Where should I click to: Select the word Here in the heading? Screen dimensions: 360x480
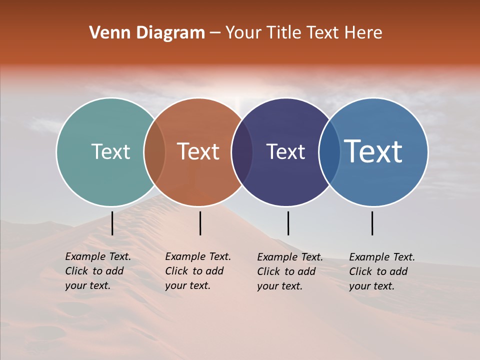pyautogui.click(x=363, y=33)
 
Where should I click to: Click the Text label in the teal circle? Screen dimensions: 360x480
pyautogui.click(x=110, y=152)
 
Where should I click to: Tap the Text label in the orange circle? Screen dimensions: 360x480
pyautogui.click(x=198, y=152)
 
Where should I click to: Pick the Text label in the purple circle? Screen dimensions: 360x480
pyautogui.click(x=285, y=152)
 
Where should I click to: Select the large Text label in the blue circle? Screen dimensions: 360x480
pyautogui.click(x=373, y=151)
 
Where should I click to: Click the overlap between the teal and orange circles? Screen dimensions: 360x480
pyautogui.click(x=154, y=152)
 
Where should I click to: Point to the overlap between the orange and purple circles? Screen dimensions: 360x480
pyautogui.click(x=242, y=152)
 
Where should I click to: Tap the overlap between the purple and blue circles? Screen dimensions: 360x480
pyautogui.click(x=329, y=152)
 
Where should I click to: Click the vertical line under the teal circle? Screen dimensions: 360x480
pyautogui.click(x=112, y=223)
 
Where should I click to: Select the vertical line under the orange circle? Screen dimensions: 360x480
pyautogui.click(x=200, y=223)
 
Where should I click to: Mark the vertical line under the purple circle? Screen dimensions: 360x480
pyautogui.click(x=288, y=223)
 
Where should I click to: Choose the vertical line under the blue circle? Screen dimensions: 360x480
pyautogui.click(x=372, y=223)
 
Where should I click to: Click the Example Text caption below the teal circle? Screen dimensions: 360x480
pyautogui.click(x=97, y=271)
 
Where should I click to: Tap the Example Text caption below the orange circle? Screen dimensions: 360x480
pyautogui.click(x=197, y=271)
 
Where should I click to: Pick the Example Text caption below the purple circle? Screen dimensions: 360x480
pyautogui.click(x=289, y=271)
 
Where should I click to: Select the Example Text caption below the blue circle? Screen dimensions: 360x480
pyautogui.click(x=381, y=271)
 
